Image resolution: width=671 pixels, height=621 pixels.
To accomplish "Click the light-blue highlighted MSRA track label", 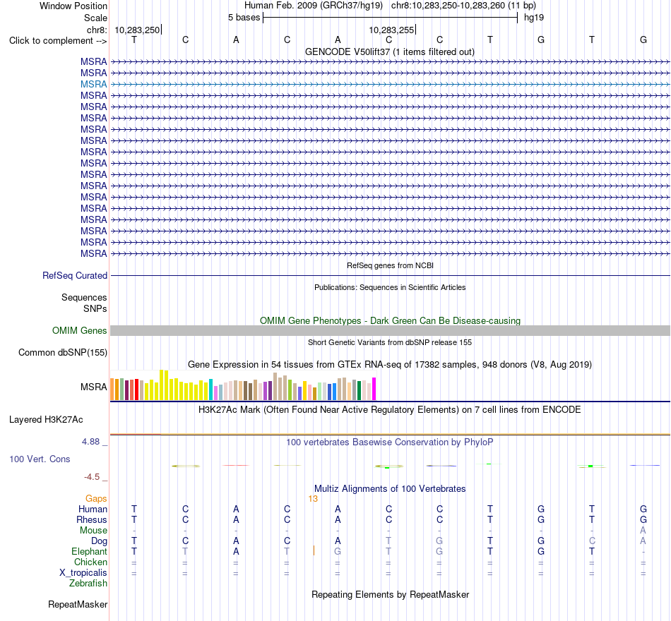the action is coord(93,84).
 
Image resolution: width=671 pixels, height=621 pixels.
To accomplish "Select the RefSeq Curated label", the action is coord(74,275).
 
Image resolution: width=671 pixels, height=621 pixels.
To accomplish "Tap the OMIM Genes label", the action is coord(79,330).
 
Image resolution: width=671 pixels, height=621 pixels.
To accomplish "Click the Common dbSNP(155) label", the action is coord(62,352).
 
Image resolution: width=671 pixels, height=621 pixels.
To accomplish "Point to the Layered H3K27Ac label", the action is coord(46,420).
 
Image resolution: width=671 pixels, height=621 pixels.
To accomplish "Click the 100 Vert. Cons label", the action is coord(40,459).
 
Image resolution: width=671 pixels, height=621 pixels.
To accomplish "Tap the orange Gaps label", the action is coord(96,499).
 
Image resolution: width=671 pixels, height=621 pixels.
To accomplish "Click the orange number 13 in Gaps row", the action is coord(313,499).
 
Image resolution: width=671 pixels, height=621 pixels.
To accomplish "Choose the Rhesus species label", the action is coord(92,519).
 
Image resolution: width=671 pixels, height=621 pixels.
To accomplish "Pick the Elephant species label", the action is coord(89,551).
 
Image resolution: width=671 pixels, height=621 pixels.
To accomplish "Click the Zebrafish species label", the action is coord(88,584).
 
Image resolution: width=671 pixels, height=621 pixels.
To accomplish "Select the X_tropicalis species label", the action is coord(83,573).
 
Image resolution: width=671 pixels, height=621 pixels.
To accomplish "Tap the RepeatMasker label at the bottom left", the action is coord(78,604).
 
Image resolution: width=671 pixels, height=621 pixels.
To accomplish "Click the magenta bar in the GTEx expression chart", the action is coord(374,389).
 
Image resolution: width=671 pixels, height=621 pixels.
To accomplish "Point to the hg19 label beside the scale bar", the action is coord(534,18).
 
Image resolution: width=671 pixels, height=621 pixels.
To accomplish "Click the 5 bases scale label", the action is coord(244,18).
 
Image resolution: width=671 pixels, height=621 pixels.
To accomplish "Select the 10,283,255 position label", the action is coord(391,30).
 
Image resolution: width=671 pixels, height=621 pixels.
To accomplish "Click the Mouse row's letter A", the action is coord(643,531).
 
